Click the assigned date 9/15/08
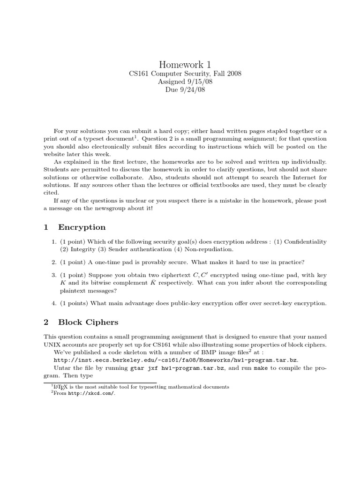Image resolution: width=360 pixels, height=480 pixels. click(x=191, y=82)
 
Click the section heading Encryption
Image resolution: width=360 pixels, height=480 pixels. click(x=82, y=227)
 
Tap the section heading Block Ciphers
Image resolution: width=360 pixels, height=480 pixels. click(x=88, y=322)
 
